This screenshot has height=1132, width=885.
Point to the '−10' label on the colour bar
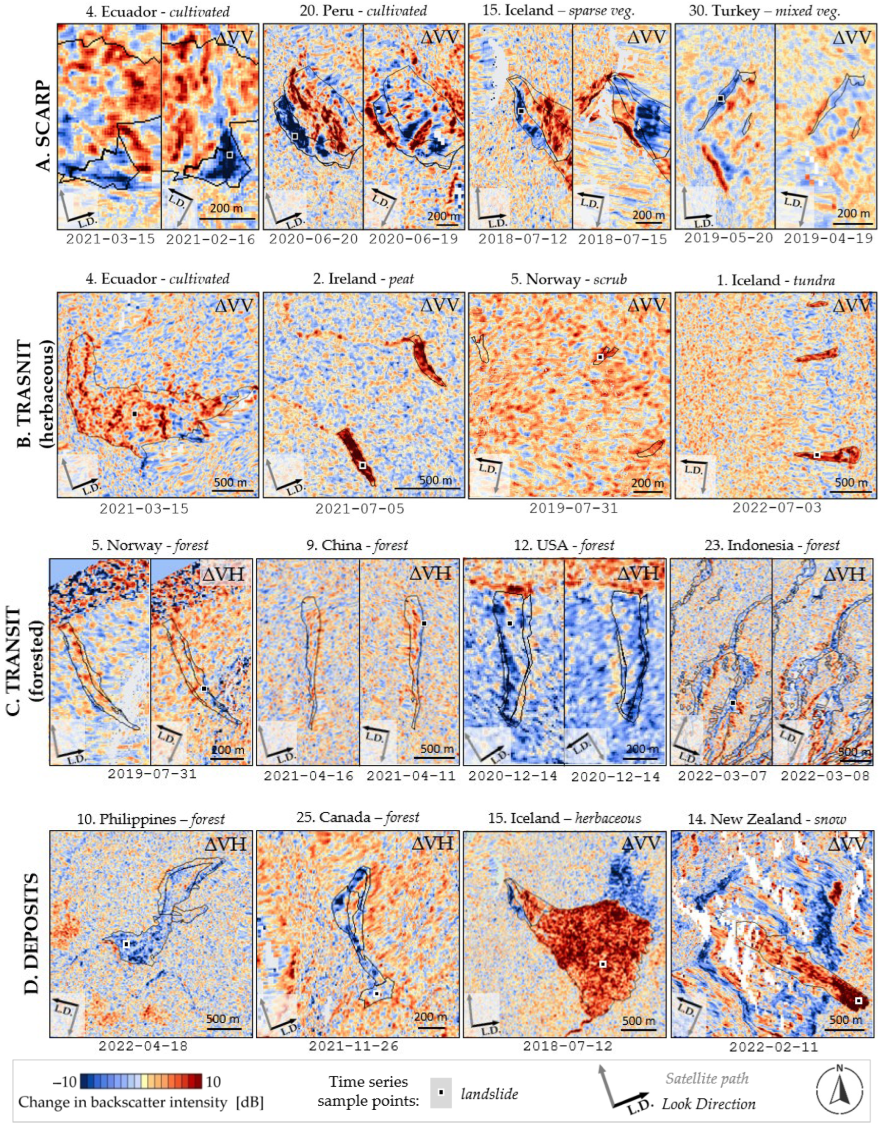point(64,1081)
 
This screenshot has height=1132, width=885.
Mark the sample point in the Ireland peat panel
point(363,465)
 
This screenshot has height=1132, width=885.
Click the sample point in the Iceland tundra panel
point(817,454)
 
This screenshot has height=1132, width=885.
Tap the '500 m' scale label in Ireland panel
point(435,480)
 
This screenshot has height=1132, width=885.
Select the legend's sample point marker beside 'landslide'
point(441,1093)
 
